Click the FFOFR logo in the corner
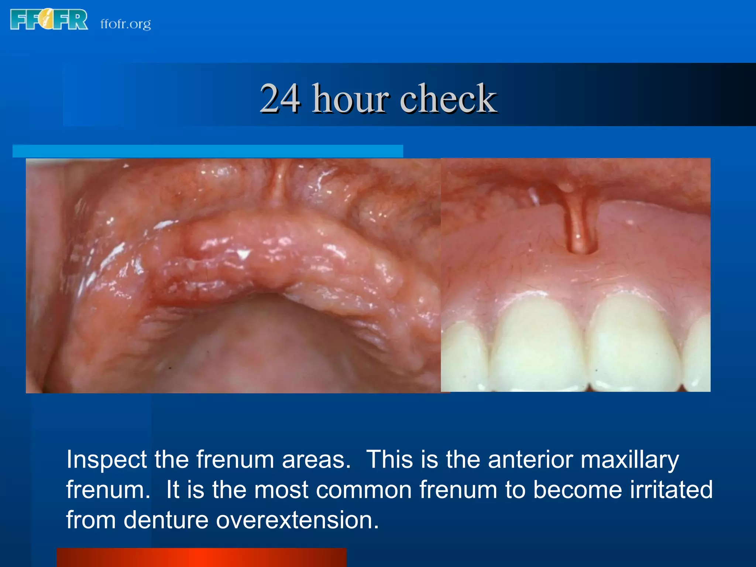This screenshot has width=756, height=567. tap(49, 20)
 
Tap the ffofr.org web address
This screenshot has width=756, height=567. tap(126, 24)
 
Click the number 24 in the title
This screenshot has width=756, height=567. tap(280, 98)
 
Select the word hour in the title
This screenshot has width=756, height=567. tap(350, 98)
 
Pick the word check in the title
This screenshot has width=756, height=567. tap(449, 98)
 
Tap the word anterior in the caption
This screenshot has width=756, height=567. tap(530, 460)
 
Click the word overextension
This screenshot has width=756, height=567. tap(297, 520)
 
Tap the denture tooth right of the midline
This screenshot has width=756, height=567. tap(633, 343)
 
